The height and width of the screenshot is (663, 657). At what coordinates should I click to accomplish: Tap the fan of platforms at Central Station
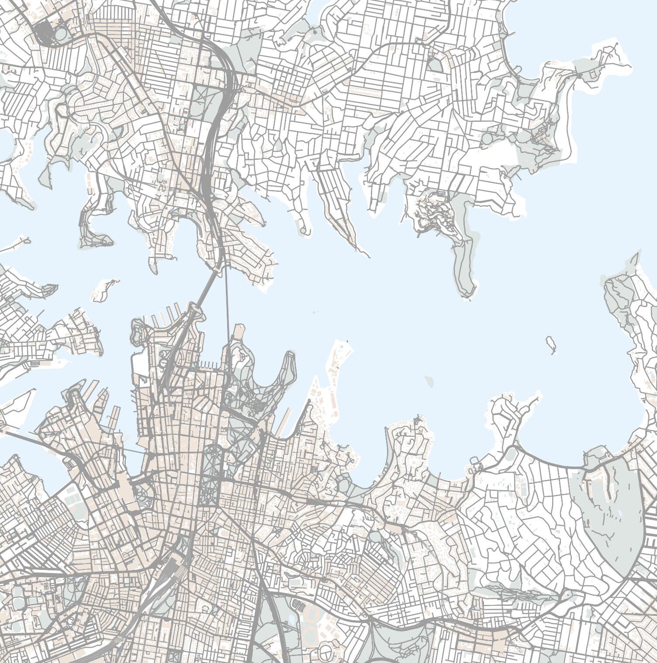coord(175,563)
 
